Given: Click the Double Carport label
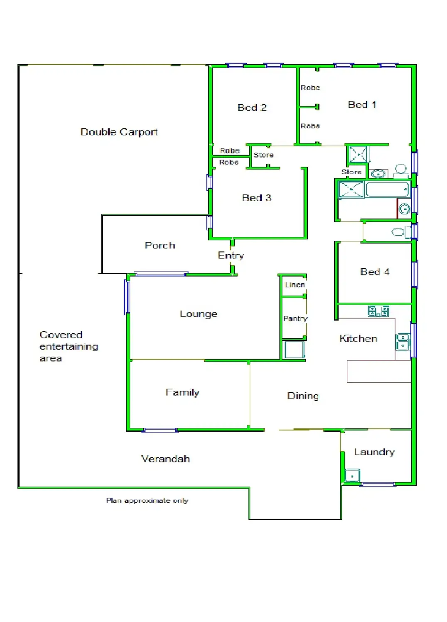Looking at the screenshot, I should pyautogui.click(x=119, y=132).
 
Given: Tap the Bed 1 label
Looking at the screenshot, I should pyautogui.click(x=362, y=105).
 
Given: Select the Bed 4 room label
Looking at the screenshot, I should pyautogui.click(x=374, y=272).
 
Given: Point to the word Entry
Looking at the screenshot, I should pyautogui.click(x=231, y=255).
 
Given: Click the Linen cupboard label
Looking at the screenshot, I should pyautogui.click(x=295, y=285).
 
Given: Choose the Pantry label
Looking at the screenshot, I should pyautogui.click(x=295, y=318).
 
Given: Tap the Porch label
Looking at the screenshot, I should pyautogui.click(x=160, y=245).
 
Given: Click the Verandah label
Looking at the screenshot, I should pyautogui.click(x=165, y=459).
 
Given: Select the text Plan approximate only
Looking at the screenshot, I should pyautogui.click(x=147, y=501).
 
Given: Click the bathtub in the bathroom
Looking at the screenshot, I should pyautogui.click(x=387, y=190).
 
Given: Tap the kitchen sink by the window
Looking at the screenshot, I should pyautogui.click(x=403, y=342).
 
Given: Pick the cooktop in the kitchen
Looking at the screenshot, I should pyautogui.click(x=378, y=311).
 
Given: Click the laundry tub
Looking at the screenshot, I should pyautogui.click(x=352, y=476).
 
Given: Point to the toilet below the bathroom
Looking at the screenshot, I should pyautogui.click(x=398, y=232).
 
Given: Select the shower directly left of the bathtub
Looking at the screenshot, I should pyautogui.click(x=351, y=190).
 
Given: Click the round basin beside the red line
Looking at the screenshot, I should pyautogui.click(x=404, y=209).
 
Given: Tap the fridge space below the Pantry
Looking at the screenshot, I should pyautogui.click(x=295, y=349).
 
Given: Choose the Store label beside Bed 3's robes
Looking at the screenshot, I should pyautogui.click(x=263, y=155).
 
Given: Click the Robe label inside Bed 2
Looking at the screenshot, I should pyautogui.click(x=230, y=151).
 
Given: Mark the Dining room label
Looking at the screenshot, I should pyautogui.click(x=303, y=396).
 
